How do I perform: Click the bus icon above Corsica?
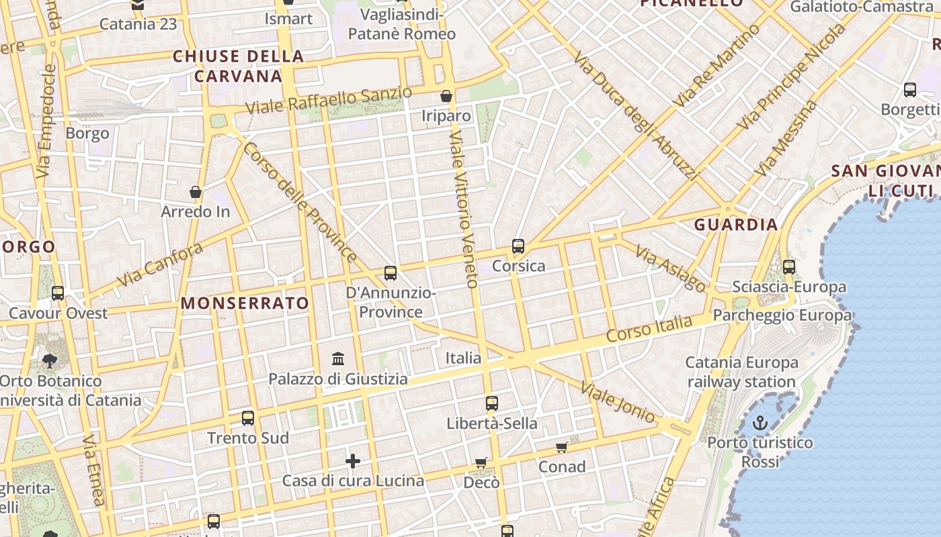pos(518,246)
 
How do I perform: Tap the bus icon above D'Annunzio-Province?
pos(391,273)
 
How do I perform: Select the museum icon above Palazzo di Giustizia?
pos(339,359)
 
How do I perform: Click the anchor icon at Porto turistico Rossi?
pos(760,423)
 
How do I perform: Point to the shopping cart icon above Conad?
pos(562,448)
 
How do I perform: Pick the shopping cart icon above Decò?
pos(481,462)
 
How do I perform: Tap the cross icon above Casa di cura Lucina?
pos(353,461)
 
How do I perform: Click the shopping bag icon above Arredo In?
pos(196,193)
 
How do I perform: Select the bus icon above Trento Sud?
pos(248,418)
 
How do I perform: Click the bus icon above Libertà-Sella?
pos(492,403)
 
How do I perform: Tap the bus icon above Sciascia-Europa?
pos(789,267)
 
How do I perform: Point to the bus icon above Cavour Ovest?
pos(58,293)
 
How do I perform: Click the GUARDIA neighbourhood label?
pos(736,225)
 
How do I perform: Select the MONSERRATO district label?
pos(245,303)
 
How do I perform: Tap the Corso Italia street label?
pos(649,329)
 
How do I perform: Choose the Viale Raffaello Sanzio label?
pos(329,101)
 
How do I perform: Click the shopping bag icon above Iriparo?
pos(446,97)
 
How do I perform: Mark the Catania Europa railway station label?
pos(741,373)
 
